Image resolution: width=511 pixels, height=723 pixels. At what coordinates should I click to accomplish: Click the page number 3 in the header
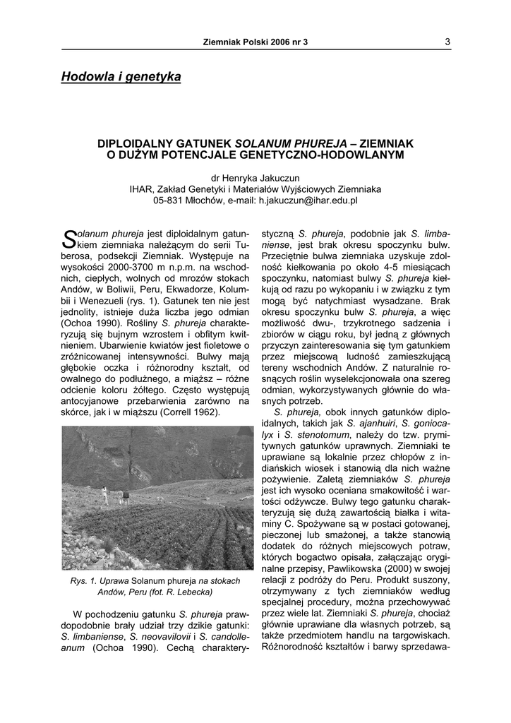[447, 42]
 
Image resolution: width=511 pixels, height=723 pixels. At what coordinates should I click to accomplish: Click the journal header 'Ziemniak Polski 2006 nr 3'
[255, 42]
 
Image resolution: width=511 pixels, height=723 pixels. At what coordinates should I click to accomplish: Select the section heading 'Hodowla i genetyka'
[121, 76]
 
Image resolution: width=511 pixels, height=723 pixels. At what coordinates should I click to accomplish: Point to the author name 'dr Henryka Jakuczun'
[255, 178]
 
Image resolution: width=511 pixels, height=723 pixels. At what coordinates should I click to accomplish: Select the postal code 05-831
[168, 201]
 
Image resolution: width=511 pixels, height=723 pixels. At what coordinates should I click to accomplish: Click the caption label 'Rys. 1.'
[83, 581]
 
